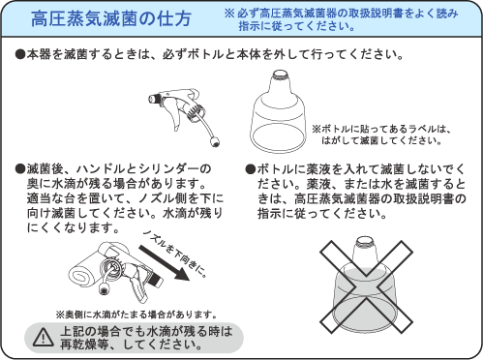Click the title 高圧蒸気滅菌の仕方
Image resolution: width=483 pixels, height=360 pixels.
pyautogui.click(x=111, y=18)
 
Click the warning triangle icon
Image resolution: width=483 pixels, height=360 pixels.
pyautogui.click(x=44, y=337)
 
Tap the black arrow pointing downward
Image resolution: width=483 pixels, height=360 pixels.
pyautogui.click(x=164, y=262)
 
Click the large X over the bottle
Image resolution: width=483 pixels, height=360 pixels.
pyautogui.click(x=366, y=286)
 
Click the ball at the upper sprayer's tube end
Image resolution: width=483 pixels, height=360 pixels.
pyautogui.click(x=215, y=141)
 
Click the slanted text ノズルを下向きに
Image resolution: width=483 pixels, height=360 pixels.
pyautogui.click(x=174, y=255)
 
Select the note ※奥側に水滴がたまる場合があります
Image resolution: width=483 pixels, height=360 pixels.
pyautogui.click(x=136, y=314)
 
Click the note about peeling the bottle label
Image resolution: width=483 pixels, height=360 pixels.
pyautogui.click(x=381, y=135)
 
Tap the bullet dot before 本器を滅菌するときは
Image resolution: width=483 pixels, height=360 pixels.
pyautogui.click(x=20, y=54)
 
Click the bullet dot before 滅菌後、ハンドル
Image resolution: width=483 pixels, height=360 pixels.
pyautogui.click(x=20, y=168)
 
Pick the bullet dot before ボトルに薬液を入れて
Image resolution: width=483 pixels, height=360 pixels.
pyautogui.click(x=251, y=169)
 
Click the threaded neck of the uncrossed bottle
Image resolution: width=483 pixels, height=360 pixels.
pyautogui.click(x=278, y=75)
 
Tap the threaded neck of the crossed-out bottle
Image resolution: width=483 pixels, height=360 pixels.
pyautogui.click(x=365, y=241)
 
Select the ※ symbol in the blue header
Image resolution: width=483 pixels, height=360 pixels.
pyautogui.click(x=229, y=13)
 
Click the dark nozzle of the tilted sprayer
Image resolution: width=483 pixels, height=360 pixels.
pyautogui.click(x=157, y=280)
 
